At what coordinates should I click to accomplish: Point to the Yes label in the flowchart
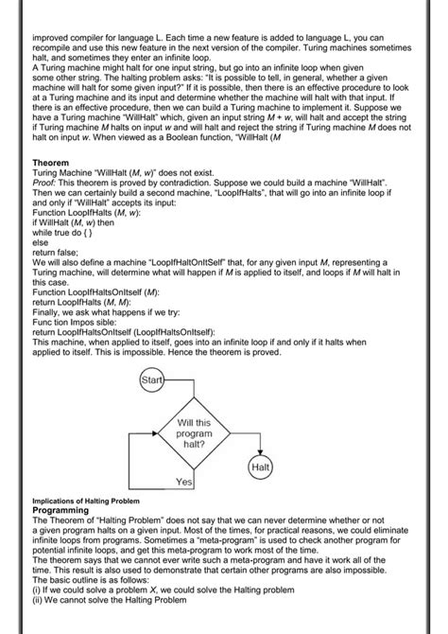click(x=185, y=483)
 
